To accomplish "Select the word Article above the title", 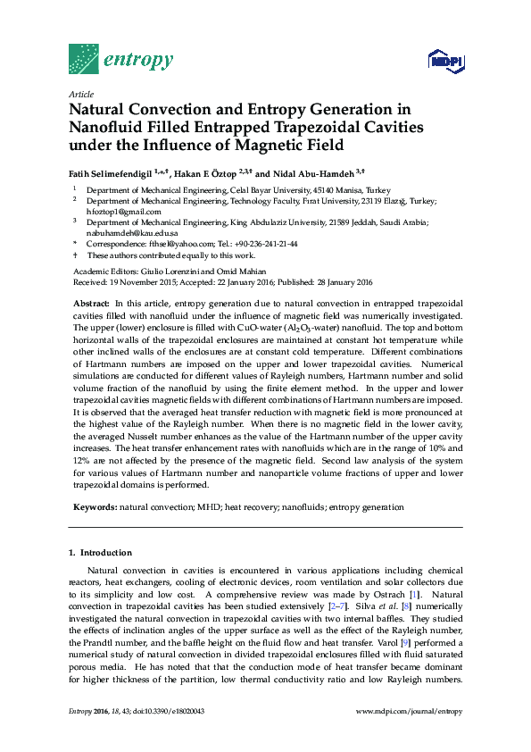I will coord(80,94).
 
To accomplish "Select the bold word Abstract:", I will coord(91,305).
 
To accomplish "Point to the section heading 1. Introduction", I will coord(100,553).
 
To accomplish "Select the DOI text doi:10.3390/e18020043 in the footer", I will coord(164,711).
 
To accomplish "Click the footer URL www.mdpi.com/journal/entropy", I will coord(409,711).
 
